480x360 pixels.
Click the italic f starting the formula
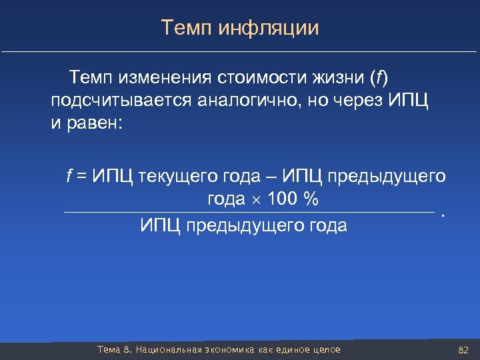pyautogui.click(x=69, y=176)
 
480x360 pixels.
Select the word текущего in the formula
pyautogui.click(x=174, y=176)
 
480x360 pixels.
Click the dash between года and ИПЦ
pyautogui.click(x=269, y=176)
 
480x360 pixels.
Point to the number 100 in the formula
pyautogui.click(x=280, y=199)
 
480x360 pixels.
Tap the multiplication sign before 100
pyautogui.click(x=256, y=200)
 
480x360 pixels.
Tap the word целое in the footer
pyautogui.click(x=325, y=350)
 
